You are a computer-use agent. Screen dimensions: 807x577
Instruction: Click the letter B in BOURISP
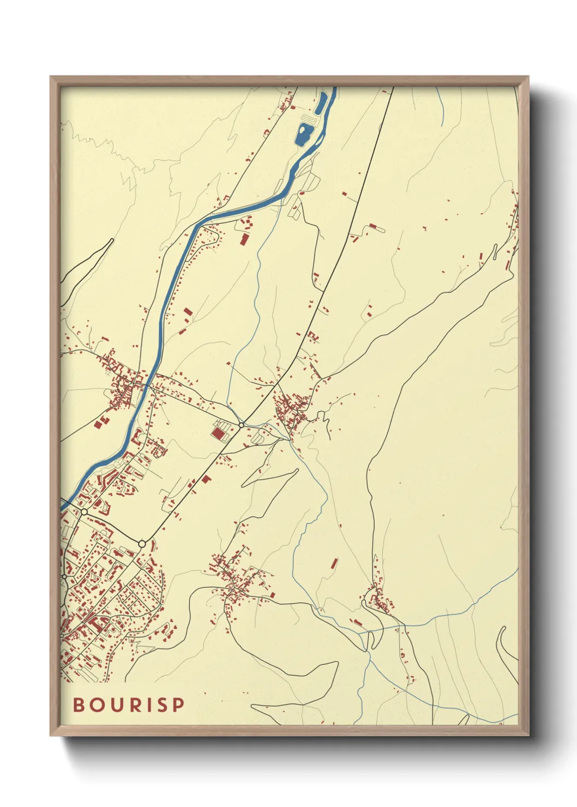pyautogui.click(x=79, y=704)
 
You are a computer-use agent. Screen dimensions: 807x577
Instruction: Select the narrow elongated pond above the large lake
pyautogui.click(x=321, y=103)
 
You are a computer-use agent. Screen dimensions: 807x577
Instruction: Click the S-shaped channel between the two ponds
pyautogui.click(x=308, y=118)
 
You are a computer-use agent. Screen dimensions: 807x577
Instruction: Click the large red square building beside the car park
pyautogui.click(x=218, y=433)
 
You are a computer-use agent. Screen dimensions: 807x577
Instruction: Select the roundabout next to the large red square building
pyautogui.click(x=241, y=425)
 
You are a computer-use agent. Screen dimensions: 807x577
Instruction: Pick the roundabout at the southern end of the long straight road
pyautogui.click(x=142, y=544)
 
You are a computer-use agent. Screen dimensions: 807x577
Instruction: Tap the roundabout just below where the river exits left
pyautogui.click(x=84, y=512)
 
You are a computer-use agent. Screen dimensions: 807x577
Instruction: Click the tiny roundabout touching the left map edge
pyautogui.click(x=64, y=576)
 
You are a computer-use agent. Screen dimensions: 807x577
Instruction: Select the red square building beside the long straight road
pyautogui.click(x=206, y=479)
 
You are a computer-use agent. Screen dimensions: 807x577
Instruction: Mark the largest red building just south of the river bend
pyautogui.click(x=244, y=239)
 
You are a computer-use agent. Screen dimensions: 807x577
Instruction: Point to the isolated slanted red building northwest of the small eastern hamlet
pyautogui.click(x=334, y=563)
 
